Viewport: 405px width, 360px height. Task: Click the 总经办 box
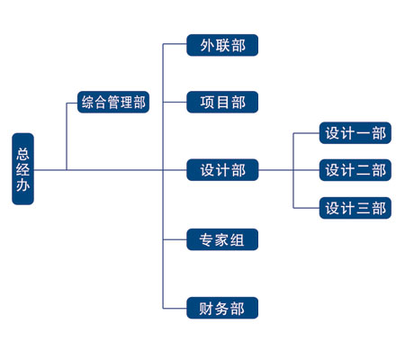pos(22,169)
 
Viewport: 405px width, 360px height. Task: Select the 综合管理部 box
pos(113,102)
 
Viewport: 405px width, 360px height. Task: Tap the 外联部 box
pos(222,45)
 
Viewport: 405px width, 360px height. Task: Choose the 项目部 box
pos(222,102)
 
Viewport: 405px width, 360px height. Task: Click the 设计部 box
pos(222,170)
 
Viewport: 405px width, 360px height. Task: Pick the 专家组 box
pos(222,239)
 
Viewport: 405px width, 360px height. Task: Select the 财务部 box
pos(222,308)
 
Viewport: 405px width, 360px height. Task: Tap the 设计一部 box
pos(355,133)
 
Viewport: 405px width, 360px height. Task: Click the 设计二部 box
pos(355,170)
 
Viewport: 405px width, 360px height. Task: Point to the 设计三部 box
pos(355,208)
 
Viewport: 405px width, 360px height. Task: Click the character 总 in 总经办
pos(22,154)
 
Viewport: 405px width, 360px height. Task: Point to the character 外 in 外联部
pos(207,45)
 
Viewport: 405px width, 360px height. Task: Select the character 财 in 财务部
pos(206,309)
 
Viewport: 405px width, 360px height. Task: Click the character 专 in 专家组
pos(206,239)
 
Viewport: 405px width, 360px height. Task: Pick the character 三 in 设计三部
pos(364,208)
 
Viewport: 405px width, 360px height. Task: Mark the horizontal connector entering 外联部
pos(175,44)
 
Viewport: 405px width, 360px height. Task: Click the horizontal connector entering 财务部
pos(175,308)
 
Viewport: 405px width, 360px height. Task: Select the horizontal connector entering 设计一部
pos(306,133)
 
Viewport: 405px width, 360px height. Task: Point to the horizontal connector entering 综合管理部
pos(72,103)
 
